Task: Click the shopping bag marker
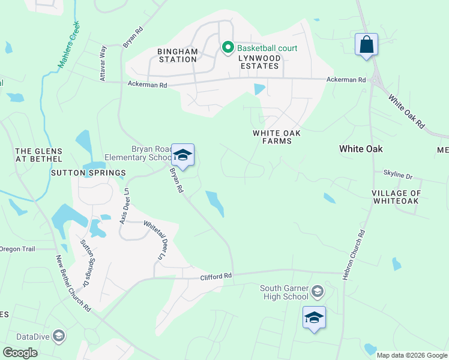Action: (366, 45)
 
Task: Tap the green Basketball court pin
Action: (228, 47)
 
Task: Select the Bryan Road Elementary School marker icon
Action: (182, 156)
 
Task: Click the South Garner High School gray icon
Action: (318, 292)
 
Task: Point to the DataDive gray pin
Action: (59, 335)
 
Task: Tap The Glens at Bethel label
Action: (38, 155)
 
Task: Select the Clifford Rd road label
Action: (215, 276)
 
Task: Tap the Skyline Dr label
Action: (399, 176)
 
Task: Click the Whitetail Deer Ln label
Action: (153, 240)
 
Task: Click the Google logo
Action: (20, 353)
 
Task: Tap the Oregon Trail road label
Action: (18, 249)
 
